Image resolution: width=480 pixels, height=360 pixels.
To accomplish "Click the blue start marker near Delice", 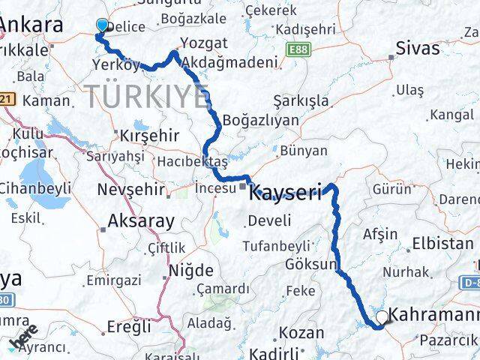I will (103, 25).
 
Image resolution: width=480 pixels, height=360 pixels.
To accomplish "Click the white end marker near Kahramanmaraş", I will (382, 317).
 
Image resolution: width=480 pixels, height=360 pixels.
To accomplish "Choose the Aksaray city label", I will (141, 220).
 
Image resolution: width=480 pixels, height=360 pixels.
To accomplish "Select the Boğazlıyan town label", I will (253, 121).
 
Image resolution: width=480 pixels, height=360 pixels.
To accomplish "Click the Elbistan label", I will (447, 243).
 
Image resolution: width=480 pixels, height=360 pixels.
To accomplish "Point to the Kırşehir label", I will (149, 136).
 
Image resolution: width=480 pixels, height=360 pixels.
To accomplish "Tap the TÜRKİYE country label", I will (147, 96).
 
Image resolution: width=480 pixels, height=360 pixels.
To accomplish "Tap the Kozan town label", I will (301, 332).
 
